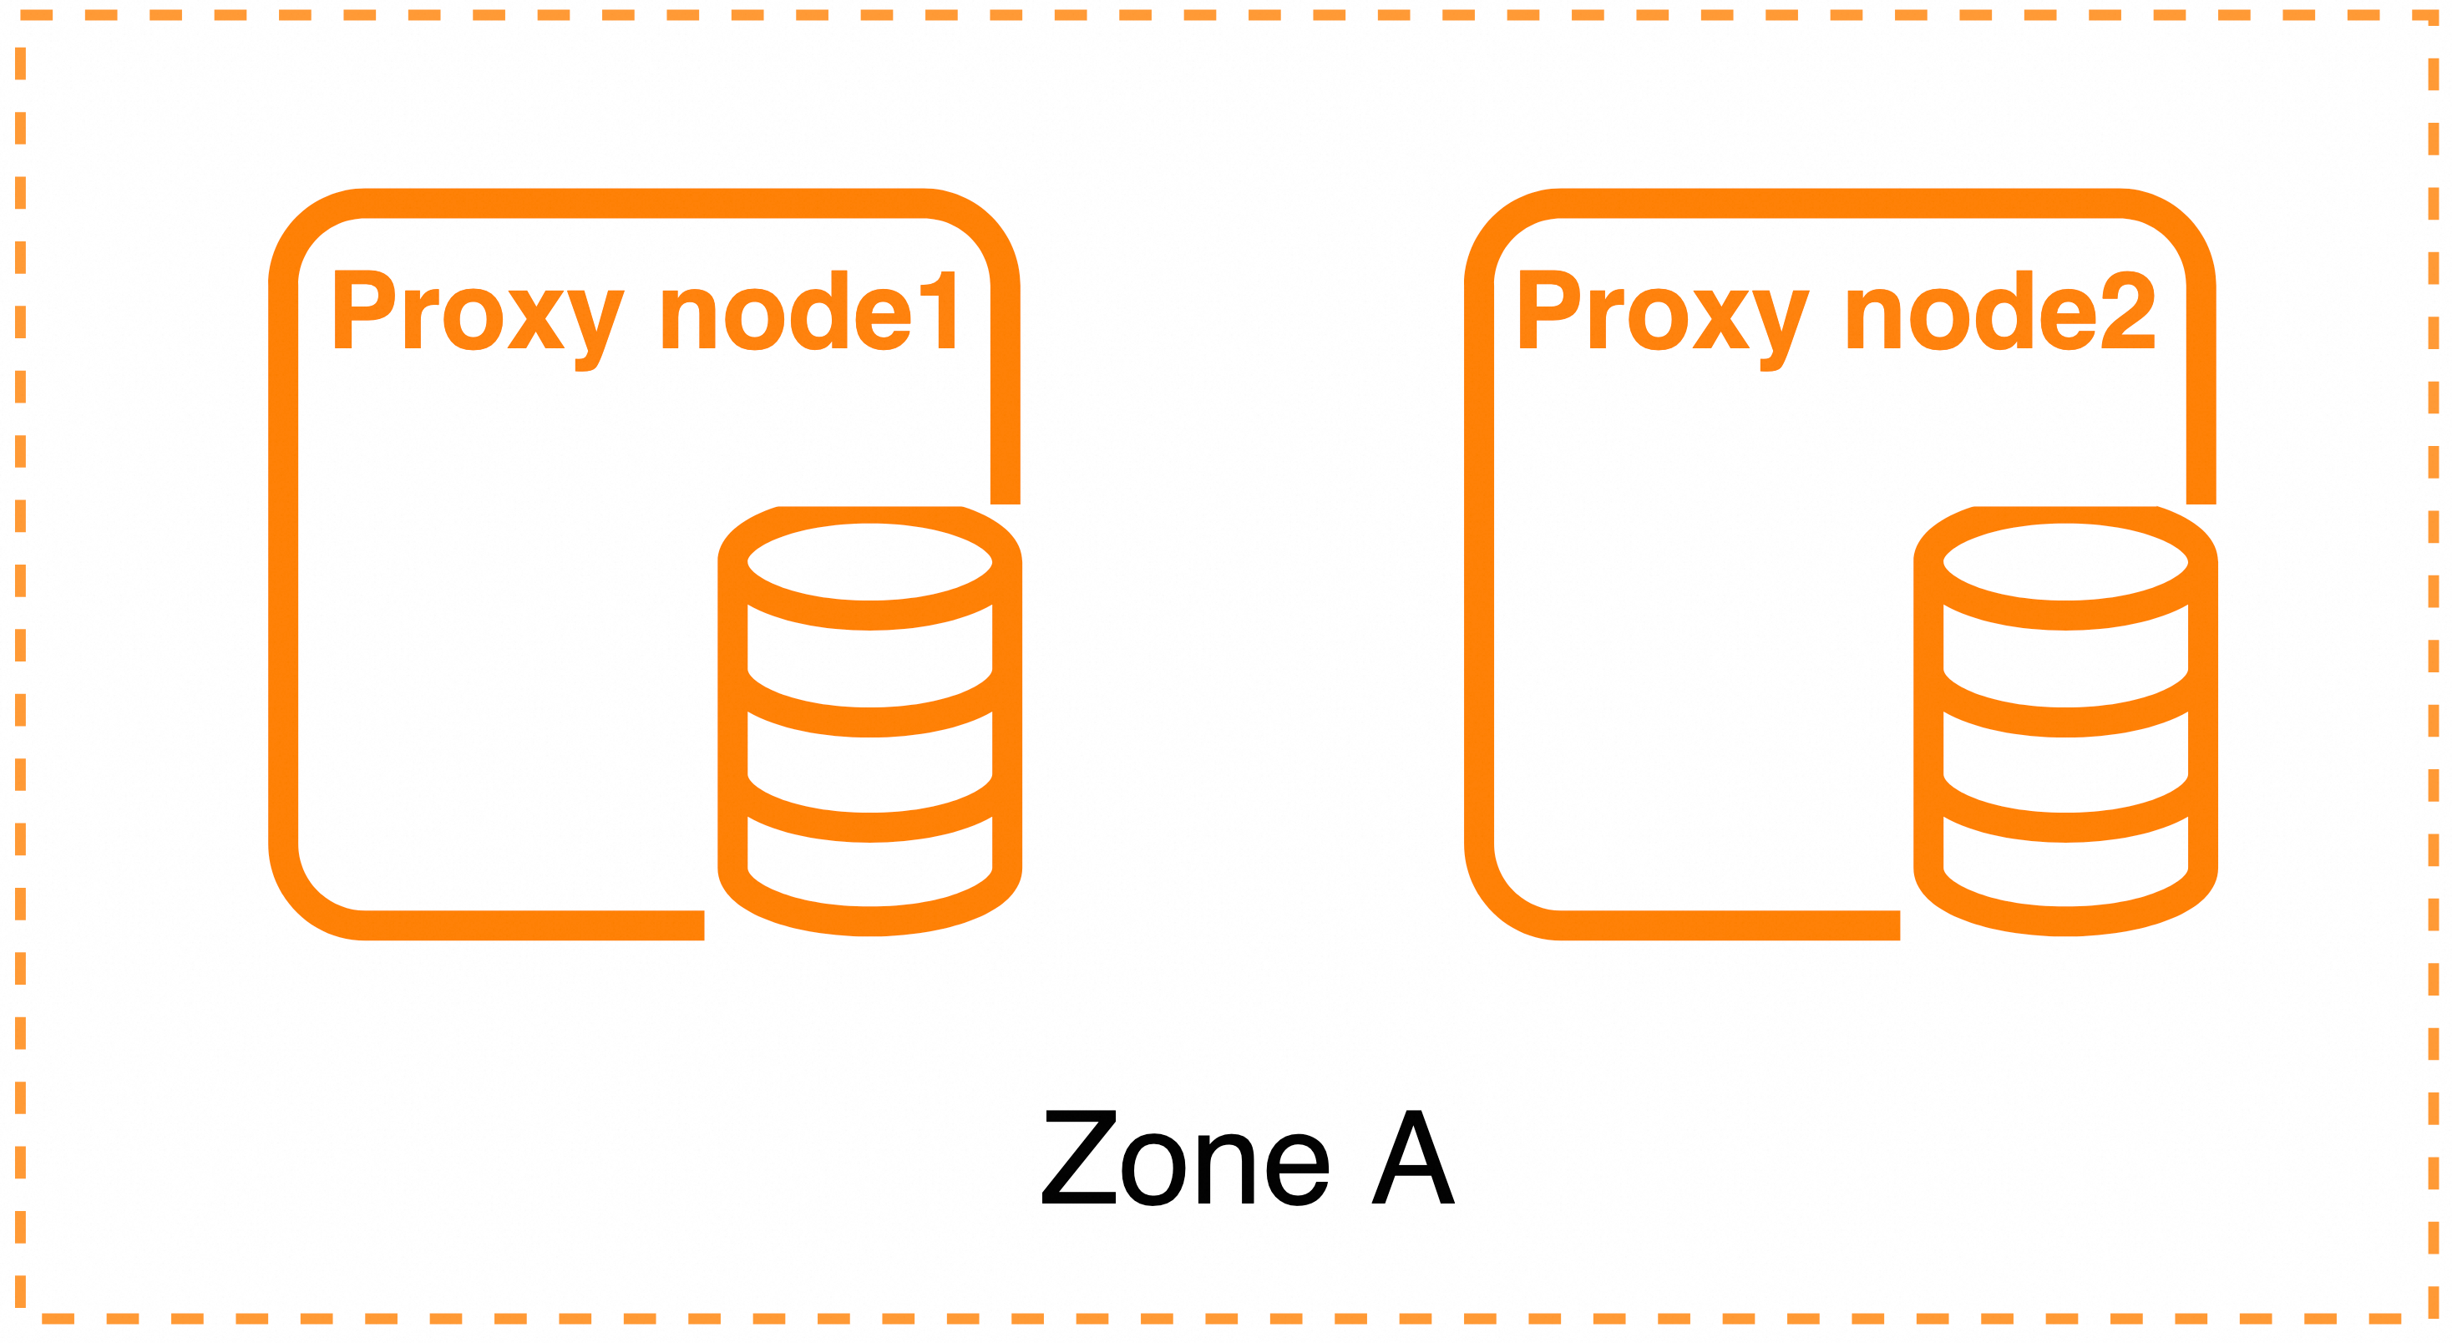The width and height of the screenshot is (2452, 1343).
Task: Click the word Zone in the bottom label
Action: [x=1185, y=1158]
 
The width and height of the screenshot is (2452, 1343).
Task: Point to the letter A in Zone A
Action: [x=1412, y=1158]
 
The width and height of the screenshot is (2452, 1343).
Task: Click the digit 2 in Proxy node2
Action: [x=2127, y=311]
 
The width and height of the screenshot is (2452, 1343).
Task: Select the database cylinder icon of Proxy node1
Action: [x=869, y=721]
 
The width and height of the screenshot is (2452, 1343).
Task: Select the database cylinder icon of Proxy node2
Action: [x=2065, y=721]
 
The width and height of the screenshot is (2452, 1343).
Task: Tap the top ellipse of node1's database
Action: [x=869, y=563]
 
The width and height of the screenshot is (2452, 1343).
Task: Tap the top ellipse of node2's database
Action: [x=2065, y=563]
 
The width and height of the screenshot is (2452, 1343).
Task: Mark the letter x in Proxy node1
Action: [x=536, y=320]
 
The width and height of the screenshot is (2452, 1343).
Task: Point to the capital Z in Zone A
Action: [x=1079, y=1158]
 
